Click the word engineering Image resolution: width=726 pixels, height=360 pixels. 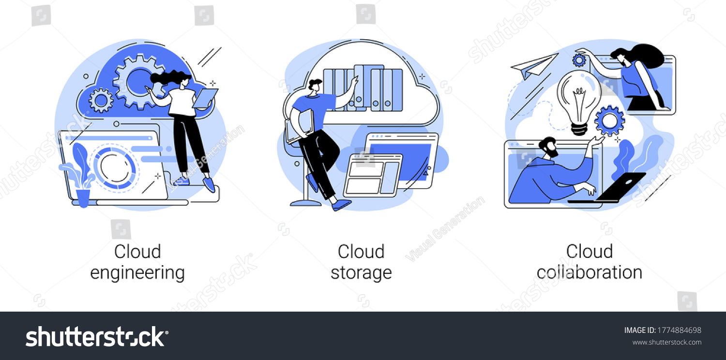click(x=137, y=273)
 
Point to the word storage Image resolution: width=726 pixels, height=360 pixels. click(x=361, y=273)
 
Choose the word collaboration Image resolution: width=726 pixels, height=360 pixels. click(x=589, y=272)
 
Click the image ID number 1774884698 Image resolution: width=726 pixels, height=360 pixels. click(x=680, y=330)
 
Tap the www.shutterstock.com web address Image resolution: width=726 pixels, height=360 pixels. click(x=666, y=342)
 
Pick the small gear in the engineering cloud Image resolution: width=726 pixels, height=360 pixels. click(x=101, y=101)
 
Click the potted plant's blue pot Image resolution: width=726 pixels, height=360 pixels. click(x=83, y=198)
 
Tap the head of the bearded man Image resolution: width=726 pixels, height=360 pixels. click(x=548, y=147)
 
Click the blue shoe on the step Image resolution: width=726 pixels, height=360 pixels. click(x=209, y=185)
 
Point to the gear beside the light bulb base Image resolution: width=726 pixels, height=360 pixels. click(x=610, y=120)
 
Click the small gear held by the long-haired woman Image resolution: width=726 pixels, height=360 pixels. click(x=579, y=60)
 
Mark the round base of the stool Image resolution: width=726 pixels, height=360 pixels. click(x=305, y=203)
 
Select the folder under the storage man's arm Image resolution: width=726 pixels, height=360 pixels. click(x=300, y=127)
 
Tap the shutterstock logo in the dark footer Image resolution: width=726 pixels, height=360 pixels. click(x=97, y=337)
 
